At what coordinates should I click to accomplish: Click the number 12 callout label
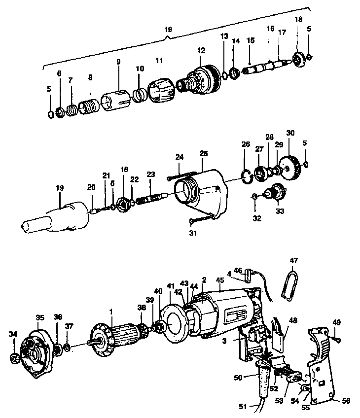tap(201, 50)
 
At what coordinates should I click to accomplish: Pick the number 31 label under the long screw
tap(193, 233)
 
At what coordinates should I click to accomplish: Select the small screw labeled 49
tap(336, 339)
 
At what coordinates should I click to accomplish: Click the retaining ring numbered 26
tap(246, 175)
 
